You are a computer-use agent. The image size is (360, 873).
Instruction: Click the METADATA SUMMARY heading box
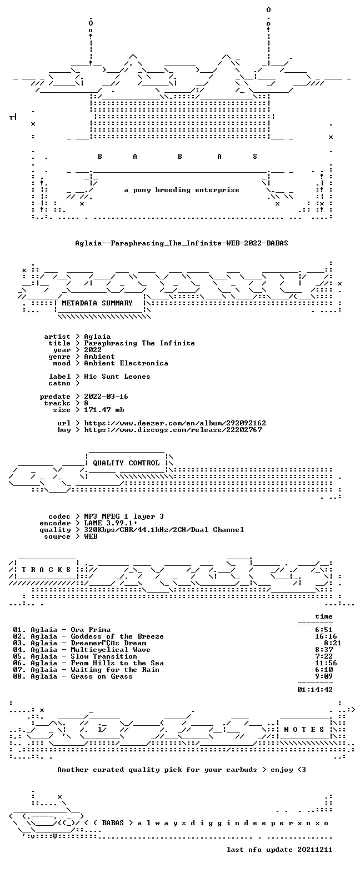[x=97, y=303]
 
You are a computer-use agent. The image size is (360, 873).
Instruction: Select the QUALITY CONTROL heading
[x=126, y=463]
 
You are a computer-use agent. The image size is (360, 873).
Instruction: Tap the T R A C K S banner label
[x=47, y=570]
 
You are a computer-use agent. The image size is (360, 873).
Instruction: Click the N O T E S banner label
[x=304, y=730]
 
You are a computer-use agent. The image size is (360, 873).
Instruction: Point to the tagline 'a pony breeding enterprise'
[x=182, y=190]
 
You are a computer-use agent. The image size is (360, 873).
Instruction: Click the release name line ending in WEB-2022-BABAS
[x=182, y=243]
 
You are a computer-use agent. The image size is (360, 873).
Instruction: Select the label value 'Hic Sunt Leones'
[x=117, y=377]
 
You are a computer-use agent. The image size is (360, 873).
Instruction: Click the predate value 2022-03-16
[x=106, y=397]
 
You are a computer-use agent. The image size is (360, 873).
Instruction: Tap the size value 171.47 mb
[x=104, y=410]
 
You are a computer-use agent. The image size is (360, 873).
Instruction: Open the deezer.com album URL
[x=175, y=423]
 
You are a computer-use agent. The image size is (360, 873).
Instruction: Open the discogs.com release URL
[x=173, y=429]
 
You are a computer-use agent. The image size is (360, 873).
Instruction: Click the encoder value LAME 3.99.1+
[x=111, y=523]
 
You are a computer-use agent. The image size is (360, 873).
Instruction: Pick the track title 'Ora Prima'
[x=91, y=629]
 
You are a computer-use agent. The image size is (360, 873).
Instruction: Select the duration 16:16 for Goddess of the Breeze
[x=326, y=636]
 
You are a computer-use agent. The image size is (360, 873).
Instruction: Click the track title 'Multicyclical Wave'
[x=111, y=649]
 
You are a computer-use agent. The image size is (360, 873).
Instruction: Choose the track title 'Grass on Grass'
[x=102, y=676]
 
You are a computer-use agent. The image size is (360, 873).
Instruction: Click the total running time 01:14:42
[x=315, y=689]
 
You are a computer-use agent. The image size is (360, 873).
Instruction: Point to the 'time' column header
[x=324, y=616]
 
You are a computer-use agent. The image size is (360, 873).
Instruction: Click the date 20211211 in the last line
[x=315, y=849]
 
